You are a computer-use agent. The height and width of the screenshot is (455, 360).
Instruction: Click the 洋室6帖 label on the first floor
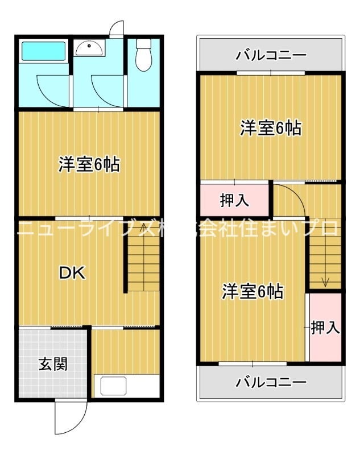click(88, 165)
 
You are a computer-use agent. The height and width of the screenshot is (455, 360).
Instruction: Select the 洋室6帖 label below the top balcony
click(270, 128)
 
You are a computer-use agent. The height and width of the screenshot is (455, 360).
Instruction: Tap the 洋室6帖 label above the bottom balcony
click(253, 292)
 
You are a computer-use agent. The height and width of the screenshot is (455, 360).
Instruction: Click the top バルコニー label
click(271, 56)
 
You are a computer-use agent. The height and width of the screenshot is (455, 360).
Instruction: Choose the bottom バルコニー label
click(271, 381)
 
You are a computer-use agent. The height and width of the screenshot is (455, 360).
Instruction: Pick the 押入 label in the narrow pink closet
click(325, 328)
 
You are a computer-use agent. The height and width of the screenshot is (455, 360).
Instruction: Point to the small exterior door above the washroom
click(117, 28)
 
